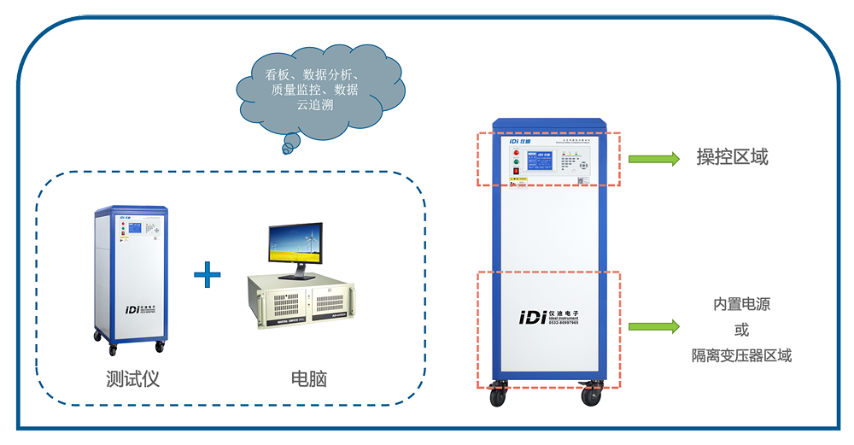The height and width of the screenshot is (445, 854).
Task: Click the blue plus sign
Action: coord(207,275)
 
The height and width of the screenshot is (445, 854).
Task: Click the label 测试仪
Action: coord(132,378)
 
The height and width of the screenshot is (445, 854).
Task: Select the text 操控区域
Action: coord(732,157)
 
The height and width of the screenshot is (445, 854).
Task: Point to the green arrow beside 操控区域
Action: coord(653,158)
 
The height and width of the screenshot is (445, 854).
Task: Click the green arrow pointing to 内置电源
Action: coord(653,326)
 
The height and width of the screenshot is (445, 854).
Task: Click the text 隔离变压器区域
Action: coord(741,355)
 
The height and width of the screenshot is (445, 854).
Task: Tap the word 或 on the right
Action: coord(741,330)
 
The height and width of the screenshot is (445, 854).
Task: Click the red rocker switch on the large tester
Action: coord(515,174)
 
